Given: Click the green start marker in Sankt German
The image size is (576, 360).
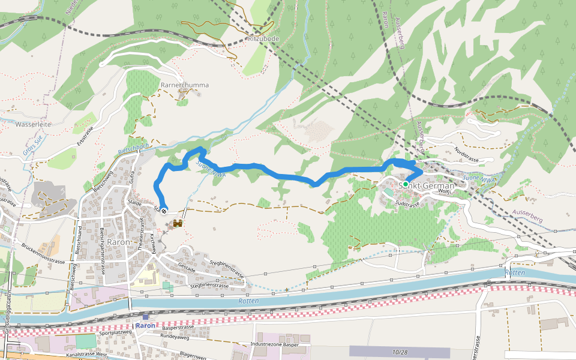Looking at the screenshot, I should tap(406, 184).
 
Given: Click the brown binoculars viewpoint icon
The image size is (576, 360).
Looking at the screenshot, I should tap(178, 224).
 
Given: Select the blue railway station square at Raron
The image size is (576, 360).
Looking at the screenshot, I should tap(145, 316).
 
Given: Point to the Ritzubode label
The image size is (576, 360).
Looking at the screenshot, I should tap(263, 38).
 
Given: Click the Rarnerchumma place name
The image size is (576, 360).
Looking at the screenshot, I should tap(185, 85).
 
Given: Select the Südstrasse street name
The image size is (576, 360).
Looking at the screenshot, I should tap(408, 204).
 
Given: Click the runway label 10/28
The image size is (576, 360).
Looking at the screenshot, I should tap(400, 352).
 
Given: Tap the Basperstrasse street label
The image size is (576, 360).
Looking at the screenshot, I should tap(178, 328).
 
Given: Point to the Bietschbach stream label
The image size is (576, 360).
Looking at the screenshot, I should tap(133, 147).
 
